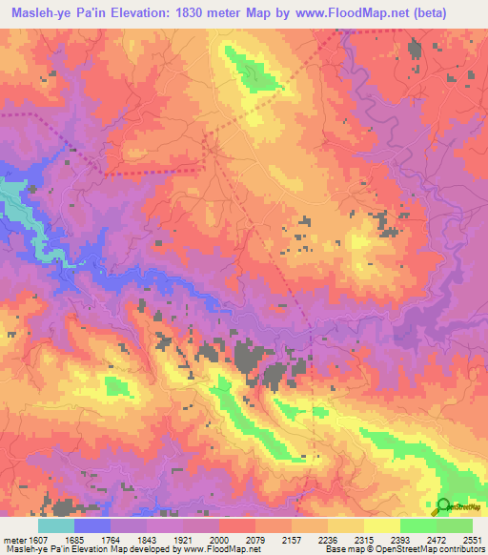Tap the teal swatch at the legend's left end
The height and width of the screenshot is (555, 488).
coord(56,525)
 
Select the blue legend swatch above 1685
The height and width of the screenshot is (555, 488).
coord(92,525)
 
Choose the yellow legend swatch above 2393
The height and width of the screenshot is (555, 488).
coord(381,525)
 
